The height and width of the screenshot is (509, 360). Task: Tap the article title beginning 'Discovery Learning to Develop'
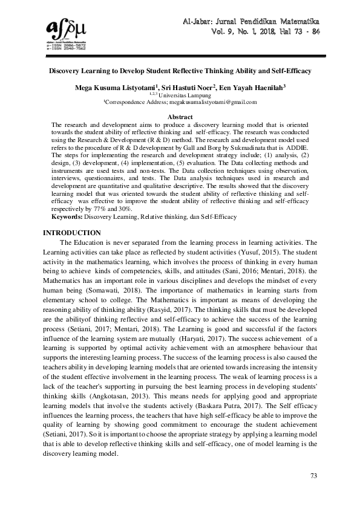coord(180,71)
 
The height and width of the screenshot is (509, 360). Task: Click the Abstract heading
coord(180,117)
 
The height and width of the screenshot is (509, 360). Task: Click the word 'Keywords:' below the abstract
coord(67,216)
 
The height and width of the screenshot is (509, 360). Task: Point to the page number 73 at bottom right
coord(313,476)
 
